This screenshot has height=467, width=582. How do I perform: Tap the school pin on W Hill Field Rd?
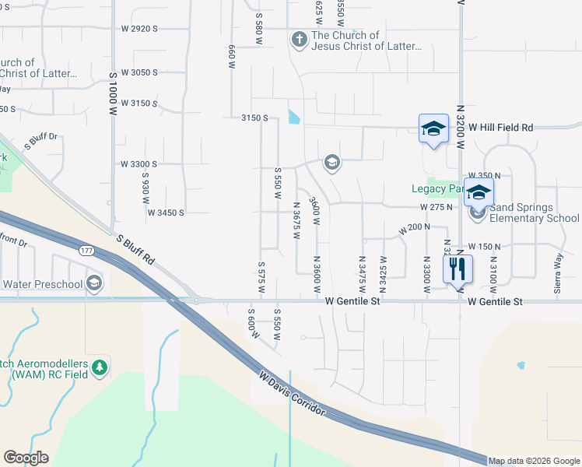[433, 128]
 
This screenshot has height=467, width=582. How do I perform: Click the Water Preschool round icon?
[95, 283]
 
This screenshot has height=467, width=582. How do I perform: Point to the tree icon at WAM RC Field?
[99, 367]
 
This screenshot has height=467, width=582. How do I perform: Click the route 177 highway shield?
[86, 251]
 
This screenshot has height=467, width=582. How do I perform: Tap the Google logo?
[26, 458]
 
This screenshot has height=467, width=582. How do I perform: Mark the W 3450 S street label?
[166, 212]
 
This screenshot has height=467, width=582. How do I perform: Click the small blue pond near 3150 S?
[293, 118]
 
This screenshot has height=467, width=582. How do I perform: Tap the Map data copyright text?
[533, 461]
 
